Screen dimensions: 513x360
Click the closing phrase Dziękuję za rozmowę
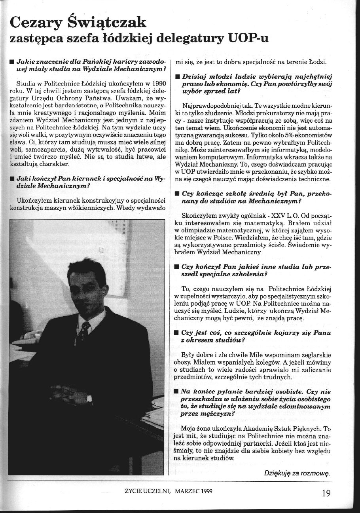click(297, 473)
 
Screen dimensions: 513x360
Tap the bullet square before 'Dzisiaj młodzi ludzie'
click(177, 76)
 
